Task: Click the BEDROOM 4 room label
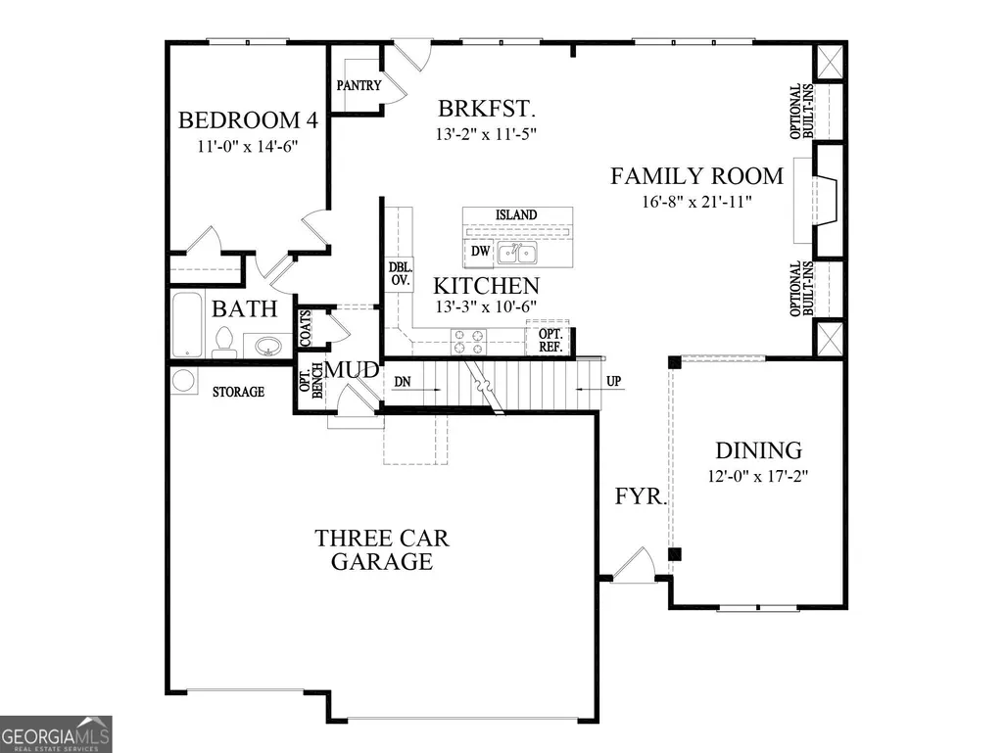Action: coord(248,120)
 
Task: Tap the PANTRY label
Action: coord(359,85)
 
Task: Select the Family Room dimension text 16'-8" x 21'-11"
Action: coord(696,202)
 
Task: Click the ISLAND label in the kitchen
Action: coord(516,215)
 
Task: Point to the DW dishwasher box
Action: coord(480,251)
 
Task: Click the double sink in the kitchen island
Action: coord(517,254)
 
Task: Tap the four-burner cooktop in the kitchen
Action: coord(468,342)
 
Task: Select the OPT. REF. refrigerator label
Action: coord(550,341)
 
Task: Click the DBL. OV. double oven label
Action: coord(401,273)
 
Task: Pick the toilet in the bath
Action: coord(223,343)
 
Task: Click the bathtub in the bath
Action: coord(188,325)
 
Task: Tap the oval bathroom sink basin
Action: coord(268,347)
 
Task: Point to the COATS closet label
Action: coord(306,328)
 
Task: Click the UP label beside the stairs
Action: coord(613,381)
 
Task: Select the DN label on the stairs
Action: coord(403,382)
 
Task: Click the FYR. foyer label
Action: coord(641,495)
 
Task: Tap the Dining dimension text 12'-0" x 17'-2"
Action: coord(758,477)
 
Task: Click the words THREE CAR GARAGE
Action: coord(382,549)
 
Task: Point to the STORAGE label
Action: coord(238,392)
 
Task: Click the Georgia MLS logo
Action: coord(56,733)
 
